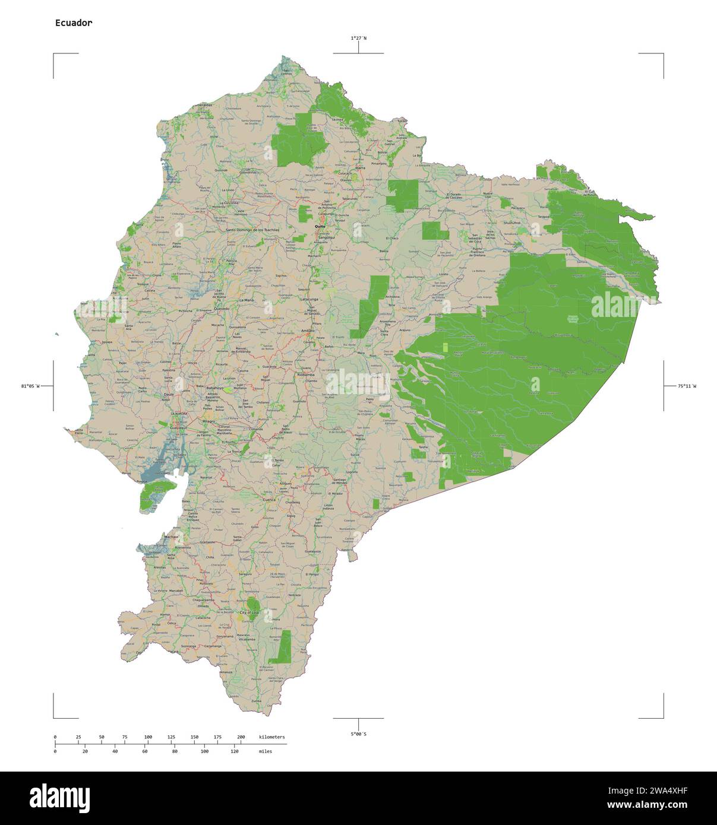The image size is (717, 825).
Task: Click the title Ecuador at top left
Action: [73, 23]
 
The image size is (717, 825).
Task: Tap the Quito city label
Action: [320, 226]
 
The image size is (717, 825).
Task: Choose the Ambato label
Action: [308, 330]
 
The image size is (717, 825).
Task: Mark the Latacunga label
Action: [309, 299]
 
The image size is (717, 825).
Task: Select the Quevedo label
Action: [222, 309]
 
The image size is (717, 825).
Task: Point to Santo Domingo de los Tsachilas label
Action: [252, 229]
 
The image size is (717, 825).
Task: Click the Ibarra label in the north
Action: [360, 168]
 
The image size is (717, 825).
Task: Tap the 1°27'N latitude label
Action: [358, 38]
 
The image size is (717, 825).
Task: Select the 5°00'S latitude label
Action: [358, 734]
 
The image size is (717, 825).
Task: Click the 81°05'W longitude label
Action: [31, 386]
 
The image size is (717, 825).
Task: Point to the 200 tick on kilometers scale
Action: [241, 737]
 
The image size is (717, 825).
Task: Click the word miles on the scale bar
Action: [266, 751]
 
